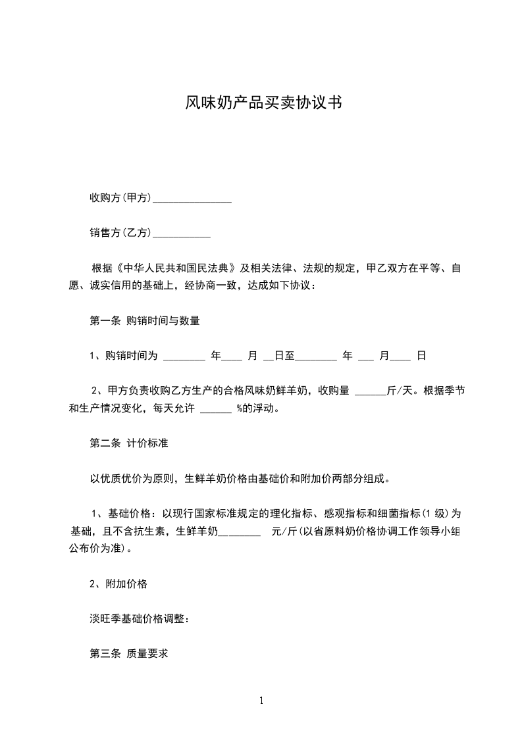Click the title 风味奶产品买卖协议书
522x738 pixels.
coord(261,103)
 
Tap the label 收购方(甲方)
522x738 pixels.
coord(120,197)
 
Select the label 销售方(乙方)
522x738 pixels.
coord(120,232)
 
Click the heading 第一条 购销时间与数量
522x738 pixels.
coord(144,321)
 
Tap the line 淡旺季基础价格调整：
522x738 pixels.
coord(139,619)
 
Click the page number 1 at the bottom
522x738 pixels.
coord(261,701)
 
